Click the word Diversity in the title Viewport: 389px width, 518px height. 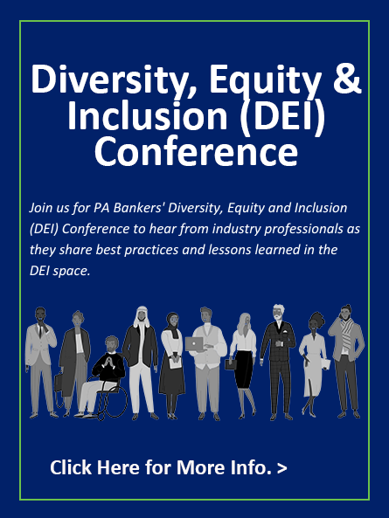[110, 79]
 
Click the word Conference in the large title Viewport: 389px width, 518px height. [196, 152]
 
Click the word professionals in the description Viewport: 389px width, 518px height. [303, 229]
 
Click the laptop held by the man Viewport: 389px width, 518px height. [194, 344]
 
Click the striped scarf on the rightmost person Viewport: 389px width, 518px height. [348, 335]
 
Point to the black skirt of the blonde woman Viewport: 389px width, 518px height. [244, 370]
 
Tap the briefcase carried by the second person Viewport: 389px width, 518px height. [59, 383]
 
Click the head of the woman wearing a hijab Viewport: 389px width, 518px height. [172, 320]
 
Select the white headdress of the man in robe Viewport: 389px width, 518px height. [142, 316]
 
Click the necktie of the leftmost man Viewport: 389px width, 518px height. [40, 331]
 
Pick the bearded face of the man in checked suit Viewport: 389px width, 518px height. [278, 314]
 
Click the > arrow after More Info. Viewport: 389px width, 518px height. [282, 469]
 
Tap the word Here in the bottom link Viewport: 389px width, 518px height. [118, 467]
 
